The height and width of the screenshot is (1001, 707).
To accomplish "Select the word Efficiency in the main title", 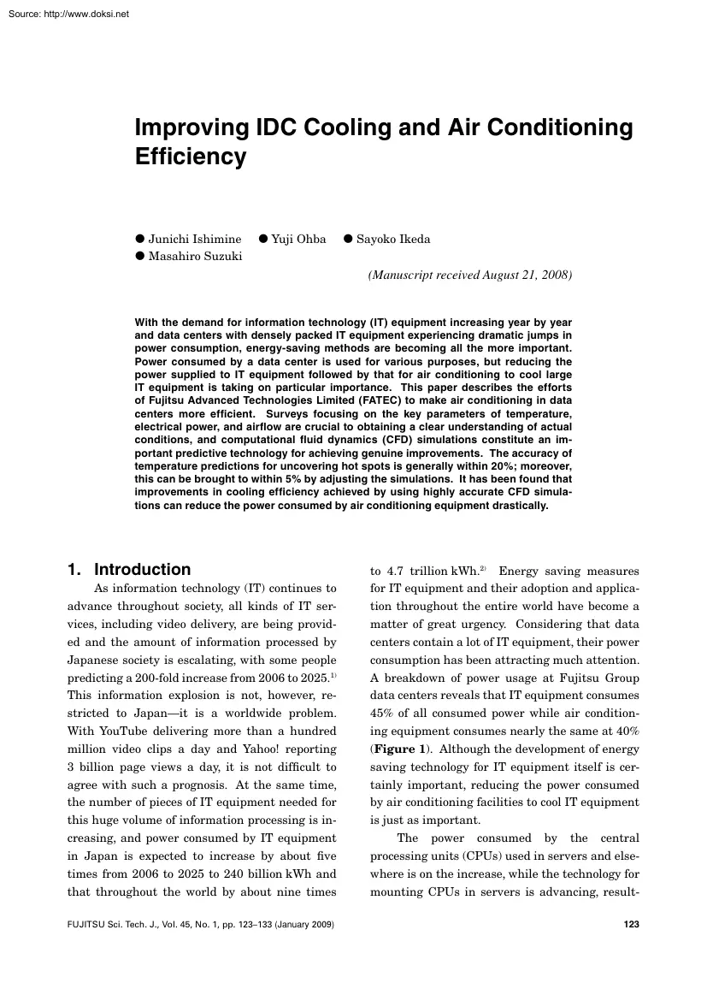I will coord(190,157).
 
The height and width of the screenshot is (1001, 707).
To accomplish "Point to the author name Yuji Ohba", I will coord(298,239).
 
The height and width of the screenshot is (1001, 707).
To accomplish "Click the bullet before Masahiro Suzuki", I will coord(141,257).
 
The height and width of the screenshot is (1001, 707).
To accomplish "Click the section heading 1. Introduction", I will coord(129,570).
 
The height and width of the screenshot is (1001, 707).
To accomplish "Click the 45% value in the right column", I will coord(382,714).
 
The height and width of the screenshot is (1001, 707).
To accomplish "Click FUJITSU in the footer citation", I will coord(87,925).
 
